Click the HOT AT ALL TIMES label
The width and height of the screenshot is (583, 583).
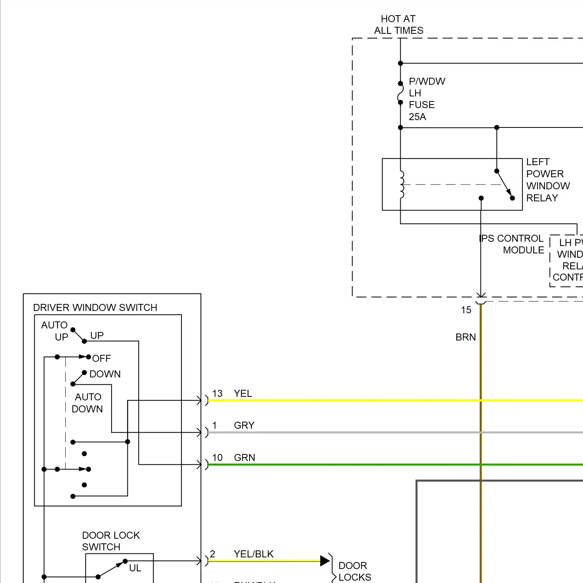click(x=398, y=24)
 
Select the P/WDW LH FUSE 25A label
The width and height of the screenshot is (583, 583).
click(x=426, y=99)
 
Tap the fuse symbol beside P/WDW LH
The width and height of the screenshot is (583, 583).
click(x=400, y=93)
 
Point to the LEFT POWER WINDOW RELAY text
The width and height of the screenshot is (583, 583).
click(x=548, y=180)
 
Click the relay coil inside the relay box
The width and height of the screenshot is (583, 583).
click(x=401, y=185)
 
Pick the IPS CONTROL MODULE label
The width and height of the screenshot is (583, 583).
click(x=511, y=244)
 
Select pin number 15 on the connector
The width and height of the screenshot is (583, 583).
click(x=466, y=310)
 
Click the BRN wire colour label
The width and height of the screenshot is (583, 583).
click(x=466, y=337)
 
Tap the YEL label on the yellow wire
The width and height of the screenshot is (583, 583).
click(x=243, y=393)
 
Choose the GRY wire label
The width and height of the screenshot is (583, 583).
click(x=244, y=425)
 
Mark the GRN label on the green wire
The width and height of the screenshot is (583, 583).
click(x=244, y=457)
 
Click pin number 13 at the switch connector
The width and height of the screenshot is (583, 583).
click(x=217, y=393)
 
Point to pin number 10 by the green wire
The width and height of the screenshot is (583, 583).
click(x=217, y=457)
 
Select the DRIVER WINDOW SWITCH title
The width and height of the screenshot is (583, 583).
click(x=95, y=307)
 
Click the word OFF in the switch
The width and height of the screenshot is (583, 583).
click(x=101, y=358)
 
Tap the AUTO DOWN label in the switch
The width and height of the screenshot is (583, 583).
click(x=87, y=403)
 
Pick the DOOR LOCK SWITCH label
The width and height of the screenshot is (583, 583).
click(x=111, y=541)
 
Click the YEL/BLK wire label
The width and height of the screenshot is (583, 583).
click(x=253, y=554)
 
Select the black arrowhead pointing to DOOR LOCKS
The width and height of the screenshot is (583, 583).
click(x=325, y=560)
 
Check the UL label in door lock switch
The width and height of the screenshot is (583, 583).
click(x=135, y=568)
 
